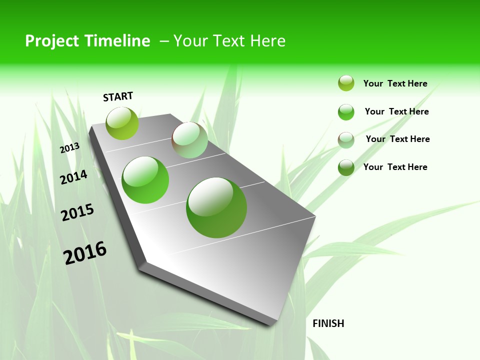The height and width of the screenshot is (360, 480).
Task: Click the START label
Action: click(x=118, y=96)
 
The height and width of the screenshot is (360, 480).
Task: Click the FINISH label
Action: click(x=328, y=323)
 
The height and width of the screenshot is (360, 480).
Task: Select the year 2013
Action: click(x=70, y=148)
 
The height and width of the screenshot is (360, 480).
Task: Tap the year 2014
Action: click(x=73, y=177)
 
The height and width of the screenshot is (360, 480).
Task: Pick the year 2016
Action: click(x=85, y=253)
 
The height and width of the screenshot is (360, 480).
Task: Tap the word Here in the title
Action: click(x=267, y=41)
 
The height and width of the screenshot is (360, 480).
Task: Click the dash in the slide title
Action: click(x=164, y=41)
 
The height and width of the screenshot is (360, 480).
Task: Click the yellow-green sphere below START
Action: click(x=122, y=123)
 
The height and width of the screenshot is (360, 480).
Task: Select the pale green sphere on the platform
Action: click(x=190, y=140)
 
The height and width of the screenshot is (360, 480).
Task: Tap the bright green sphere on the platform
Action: click(x=145, y=180)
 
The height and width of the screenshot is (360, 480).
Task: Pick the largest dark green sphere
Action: click(x=216, y=207)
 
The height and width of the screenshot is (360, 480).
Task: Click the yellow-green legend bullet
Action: click(x=346, y=83)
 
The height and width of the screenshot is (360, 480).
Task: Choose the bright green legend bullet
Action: click(x=346, y=112)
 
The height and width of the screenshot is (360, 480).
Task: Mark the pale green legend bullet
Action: click(x=346, y=140)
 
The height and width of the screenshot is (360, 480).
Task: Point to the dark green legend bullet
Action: click(x=346, y=167)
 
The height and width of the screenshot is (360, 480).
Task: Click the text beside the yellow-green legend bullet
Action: click(x=395, y=83)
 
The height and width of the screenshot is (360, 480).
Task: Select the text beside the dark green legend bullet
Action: click(x=395, y=167)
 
